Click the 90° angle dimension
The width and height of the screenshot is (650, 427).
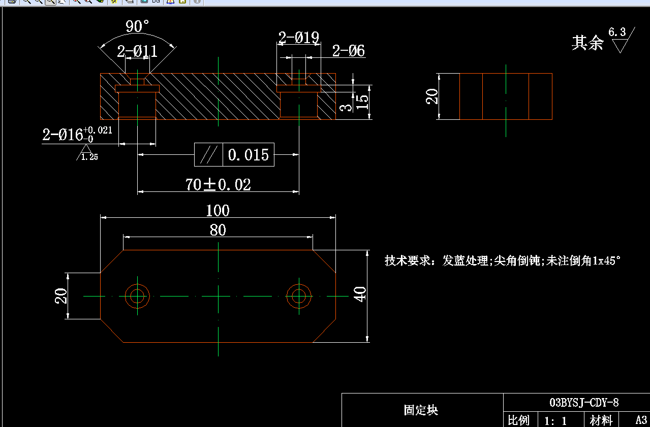tap(137, 26)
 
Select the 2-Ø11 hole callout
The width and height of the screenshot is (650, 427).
tap(137, 51)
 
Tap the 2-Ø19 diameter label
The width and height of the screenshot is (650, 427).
tap(299, 38)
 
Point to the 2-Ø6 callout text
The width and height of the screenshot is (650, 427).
tap(348, 51)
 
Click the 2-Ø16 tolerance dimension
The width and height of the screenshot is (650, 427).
tap(77, 134)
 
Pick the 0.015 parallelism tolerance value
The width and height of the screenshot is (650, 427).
tap(249, 155)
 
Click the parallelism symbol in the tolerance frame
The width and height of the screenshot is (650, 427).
tap(209, 155)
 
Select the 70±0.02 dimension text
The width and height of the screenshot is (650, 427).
tap(218, 185)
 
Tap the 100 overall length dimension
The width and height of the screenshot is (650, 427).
tap(218, 211)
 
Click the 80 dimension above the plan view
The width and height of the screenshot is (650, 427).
tap(218, 230)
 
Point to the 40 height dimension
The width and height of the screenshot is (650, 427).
tap(360, 294)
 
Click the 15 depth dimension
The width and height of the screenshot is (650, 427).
tap(362, 102)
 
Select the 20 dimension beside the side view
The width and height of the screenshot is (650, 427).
tap(432, 96)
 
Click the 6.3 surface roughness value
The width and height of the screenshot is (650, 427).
tap(617, 32)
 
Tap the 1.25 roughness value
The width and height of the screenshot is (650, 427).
tap(89, 157)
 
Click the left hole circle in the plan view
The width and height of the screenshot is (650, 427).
tap(137, 284)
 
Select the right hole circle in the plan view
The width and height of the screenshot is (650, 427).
tap(299, 284)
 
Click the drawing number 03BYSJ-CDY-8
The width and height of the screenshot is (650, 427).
tap(584, 402)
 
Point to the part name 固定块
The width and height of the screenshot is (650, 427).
tap(421, 410)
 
